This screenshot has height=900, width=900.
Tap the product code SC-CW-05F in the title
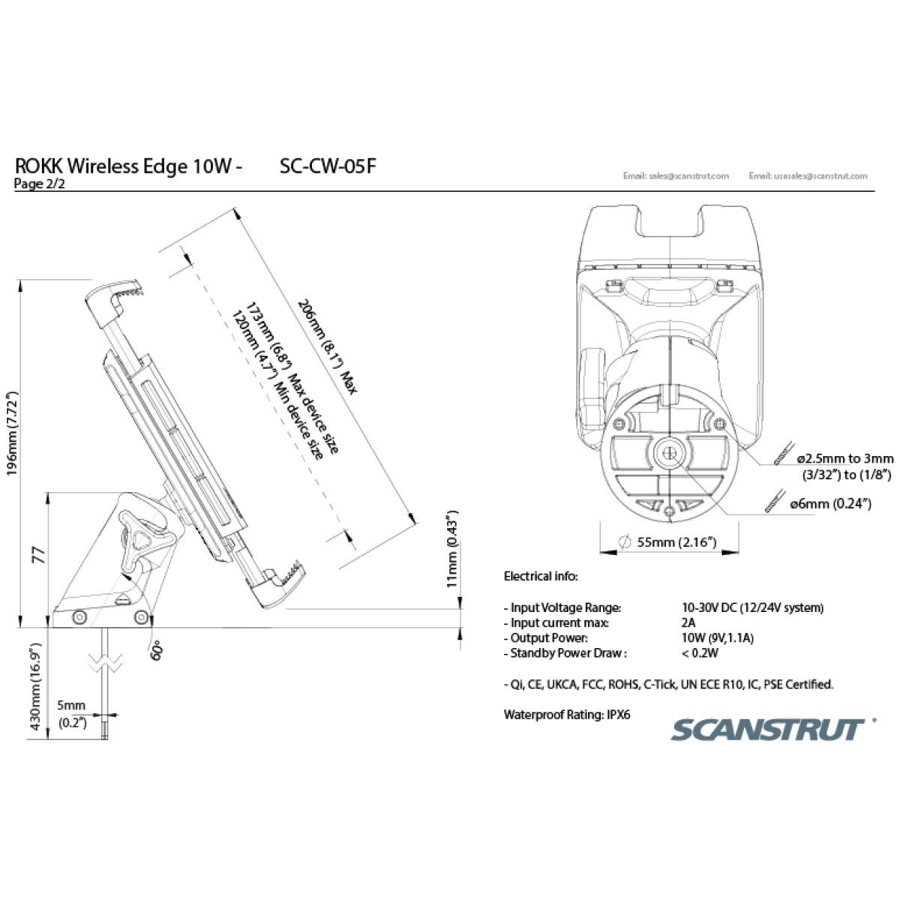pyautogui.click(x=328, y=166)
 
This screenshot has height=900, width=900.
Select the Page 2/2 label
pyautogui.click(x=39, y=184)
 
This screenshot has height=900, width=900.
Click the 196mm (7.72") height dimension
pyautogui.click(x=12, y=434)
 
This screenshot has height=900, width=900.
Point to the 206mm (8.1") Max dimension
pyautogui.click(x=328, y=346)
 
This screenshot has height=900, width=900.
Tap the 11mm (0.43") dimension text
pyautogui.click(x=452, y=549)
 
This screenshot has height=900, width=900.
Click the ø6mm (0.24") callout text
pyautogui.click(x=830, y=503)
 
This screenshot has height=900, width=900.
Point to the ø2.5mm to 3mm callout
pyautogui.click(x=845, y=459)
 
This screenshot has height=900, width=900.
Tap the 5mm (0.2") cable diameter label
pyautogui.click(x=72, y=714)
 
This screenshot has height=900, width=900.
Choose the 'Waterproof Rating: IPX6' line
pyautogui.click(x=567, y=715)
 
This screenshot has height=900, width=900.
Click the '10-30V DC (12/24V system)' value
pyautogui.click(x=753, y=607)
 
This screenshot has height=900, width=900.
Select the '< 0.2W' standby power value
pyautogui.click(x=700, y=652)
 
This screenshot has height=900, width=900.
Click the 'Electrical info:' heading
pyautogui.click(x=541, y=576)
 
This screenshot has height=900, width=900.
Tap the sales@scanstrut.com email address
pyautogui.click(x=676, y=176)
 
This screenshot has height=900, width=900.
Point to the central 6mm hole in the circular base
pyautogui.click(x=669, y=452)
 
